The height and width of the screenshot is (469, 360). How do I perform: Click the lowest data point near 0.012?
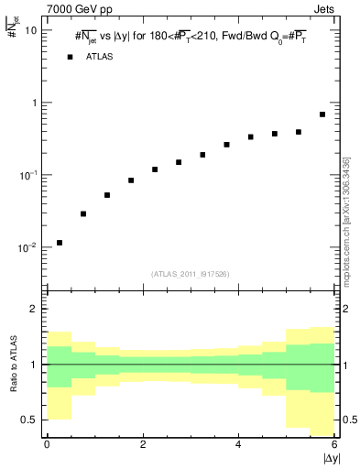click(60, 243)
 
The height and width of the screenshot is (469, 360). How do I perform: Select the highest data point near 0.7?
click(322, 115)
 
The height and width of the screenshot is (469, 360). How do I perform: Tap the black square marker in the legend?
click(69, 57)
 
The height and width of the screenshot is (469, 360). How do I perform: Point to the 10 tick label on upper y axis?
click(31, 30)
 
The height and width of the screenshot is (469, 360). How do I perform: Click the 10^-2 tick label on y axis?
click(27, 247)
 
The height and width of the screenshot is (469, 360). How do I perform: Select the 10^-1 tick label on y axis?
click(27, 175)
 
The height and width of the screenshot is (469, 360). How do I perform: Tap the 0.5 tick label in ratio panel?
click(30, 420)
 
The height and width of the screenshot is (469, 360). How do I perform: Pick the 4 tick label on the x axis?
click(238, 444)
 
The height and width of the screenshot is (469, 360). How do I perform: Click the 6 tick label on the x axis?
click(334, 444)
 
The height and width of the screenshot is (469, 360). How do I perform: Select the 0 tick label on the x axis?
click(47, 444)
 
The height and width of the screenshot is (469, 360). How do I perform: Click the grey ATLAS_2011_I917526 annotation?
click(191, 274)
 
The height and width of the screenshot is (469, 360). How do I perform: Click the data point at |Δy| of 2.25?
click(155, 169)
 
